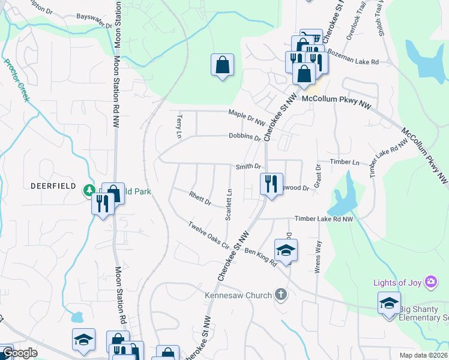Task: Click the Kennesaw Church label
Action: (x=238, y=295)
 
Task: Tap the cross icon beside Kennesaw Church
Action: (x=280, y=295)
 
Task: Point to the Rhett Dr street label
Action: (x=200, y=199)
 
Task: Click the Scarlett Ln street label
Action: (x=229, y=204)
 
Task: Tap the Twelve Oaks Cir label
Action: (x=209, y=236)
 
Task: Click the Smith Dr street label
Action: (x=248, y=166)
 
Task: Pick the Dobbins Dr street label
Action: (x=244, y=136)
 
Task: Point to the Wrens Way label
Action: (x=318, y=257)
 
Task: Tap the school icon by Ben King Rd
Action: (x=286, y=250)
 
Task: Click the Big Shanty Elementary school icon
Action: (x=389, y=303)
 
